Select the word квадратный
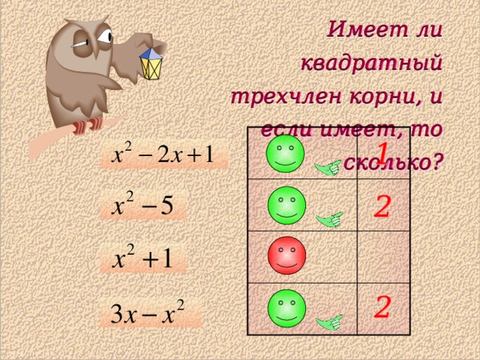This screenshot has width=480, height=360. tap(371, 64)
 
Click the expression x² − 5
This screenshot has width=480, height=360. tap(143, 206)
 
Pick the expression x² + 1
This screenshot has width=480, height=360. tap(143, 259)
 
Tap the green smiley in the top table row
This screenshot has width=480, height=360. tap(285, 153)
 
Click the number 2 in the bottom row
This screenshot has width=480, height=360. tap(382, 306)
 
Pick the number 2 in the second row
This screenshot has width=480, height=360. tap(382, 204)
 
